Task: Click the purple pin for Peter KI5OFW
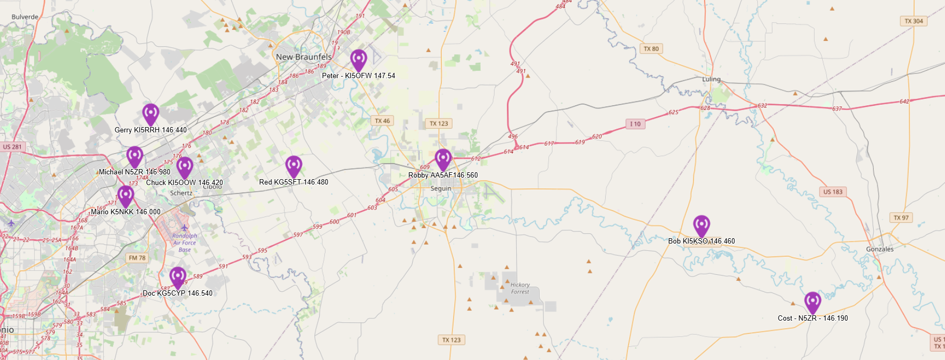coord(358,59)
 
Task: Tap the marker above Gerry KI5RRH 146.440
coord(150,113)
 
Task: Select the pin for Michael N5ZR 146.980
coord(135,156)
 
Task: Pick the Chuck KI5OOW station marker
coord(185,166)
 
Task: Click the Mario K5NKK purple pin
coord(126,195)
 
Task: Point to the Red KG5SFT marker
coord(294,165)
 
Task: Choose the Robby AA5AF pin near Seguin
coord(443,158)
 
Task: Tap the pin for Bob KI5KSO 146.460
coord(701,225)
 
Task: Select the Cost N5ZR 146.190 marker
coord(812,302)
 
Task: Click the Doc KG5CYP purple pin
coord(178,277)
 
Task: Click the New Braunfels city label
coord(304,57)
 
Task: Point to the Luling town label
coord(711,79)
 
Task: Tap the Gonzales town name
coord(880,249)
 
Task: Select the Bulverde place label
coord(25,17)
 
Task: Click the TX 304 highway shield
coord(914,21)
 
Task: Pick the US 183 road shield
coord(833,192)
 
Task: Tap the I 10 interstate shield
coord(635,124)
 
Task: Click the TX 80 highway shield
coord(651,49)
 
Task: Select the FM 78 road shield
coord(137,258)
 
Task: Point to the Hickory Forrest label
coord(520,288)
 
